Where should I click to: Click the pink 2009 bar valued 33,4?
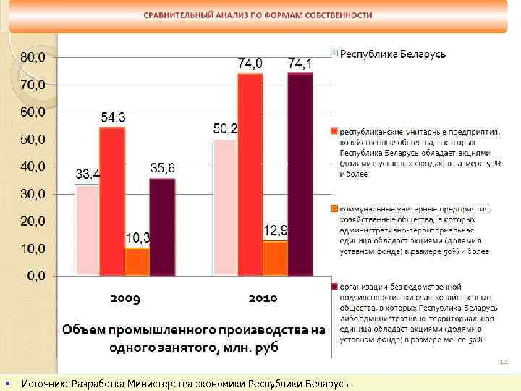tap(87, 230)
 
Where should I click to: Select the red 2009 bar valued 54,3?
tap(112, 201)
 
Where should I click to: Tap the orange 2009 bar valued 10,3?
tap(137, 261)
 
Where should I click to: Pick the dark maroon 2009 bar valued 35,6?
tap(162, 227)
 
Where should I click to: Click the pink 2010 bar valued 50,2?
tap(225, 207)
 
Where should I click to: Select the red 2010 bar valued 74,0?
tap(250, 175)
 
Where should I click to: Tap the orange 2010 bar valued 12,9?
tap(275, 258)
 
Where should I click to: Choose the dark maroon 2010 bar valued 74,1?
tap(300, 174)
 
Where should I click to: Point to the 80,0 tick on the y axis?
tap(32, 56)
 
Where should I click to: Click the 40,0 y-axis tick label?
tap(32, 166)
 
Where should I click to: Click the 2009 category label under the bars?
tap(124, 298)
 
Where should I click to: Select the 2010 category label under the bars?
tap(263, 298)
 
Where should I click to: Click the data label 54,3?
tap(113, 117)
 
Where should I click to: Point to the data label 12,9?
tap(275, 230)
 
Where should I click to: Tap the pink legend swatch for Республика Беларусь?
tap(335, 54)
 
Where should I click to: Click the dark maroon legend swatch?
tap(335, 287)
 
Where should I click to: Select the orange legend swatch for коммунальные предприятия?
tap(335, 209)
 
